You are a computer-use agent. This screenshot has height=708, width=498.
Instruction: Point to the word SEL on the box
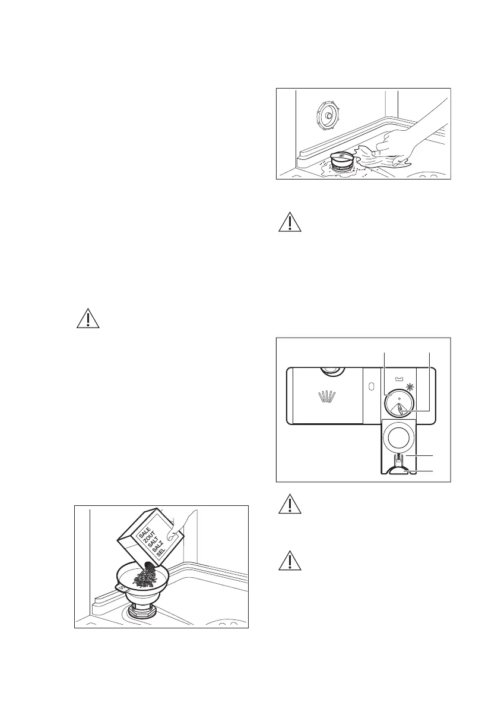(x=159, y=558)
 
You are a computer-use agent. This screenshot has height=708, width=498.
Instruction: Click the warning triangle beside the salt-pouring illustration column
(x=88, y=319)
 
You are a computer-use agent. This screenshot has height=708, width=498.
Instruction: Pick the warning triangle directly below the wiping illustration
(x=288, y=222)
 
